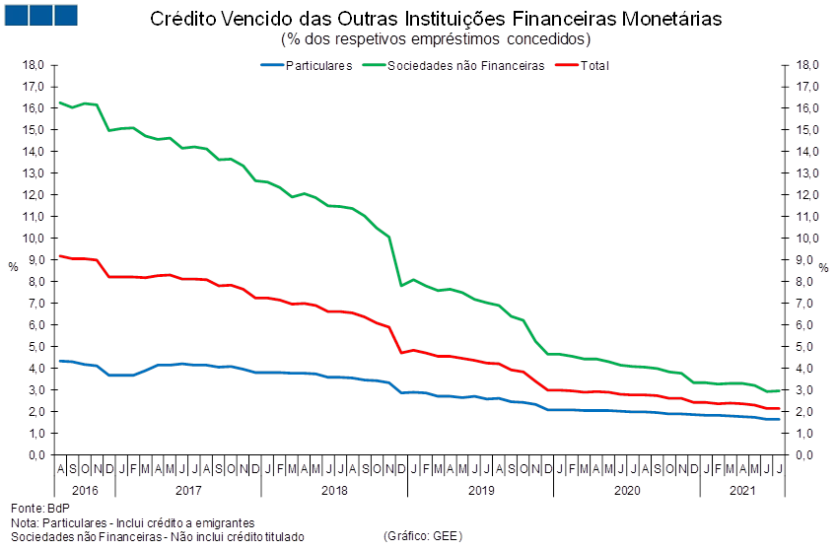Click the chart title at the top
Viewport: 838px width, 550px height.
pyautogui.click(x=435, y=20)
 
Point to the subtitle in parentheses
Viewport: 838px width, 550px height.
pyautogui.click(x=435, y=39)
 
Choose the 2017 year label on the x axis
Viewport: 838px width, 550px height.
pyautogui.click(x=187, y=489)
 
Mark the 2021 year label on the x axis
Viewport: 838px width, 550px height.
pyautogui.click(x=741, y=489)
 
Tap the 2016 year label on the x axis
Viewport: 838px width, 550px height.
pyautogui.click(x=85, y=489)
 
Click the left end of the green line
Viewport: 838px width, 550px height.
pyautogui.click(x=61, y=103)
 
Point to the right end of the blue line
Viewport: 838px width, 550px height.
pyautogui.click(x=780, y=420)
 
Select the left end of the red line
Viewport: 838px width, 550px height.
pyautogui.click(x=61, y=256)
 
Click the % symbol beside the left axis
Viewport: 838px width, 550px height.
pyautogui.click(x=13, y=266)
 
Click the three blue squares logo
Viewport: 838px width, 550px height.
pyautogui.click(x=40, y=15)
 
